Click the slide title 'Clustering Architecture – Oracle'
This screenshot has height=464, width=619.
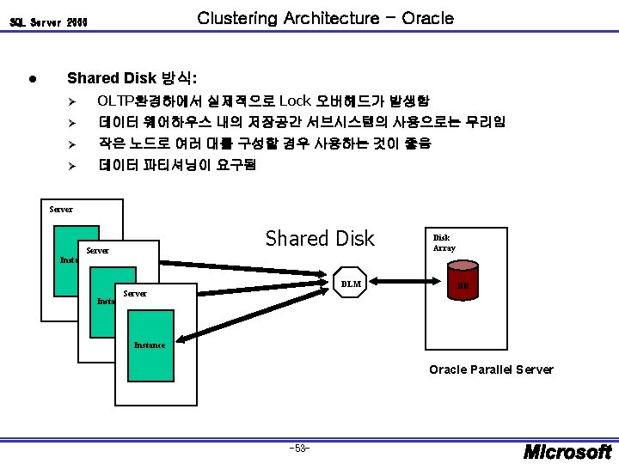pyautogui.click(x=325, y=17)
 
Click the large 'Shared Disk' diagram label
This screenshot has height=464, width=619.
pyautogui.click(x=320, y=238)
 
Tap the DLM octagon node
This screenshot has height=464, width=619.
pyautogui.click(x=351, y=283)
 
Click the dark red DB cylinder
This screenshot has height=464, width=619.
pyautogui.click(x=462, y=285)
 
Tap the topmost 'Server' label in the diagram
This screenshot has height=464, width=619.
pyautogui.click(x=61, y=208)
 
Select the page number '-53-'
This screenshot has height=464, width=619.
pyautogui.click(x=301, y=447)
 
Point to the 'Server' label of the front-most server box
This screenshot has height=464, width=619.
pyautogui.click(x=136, y=293)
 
